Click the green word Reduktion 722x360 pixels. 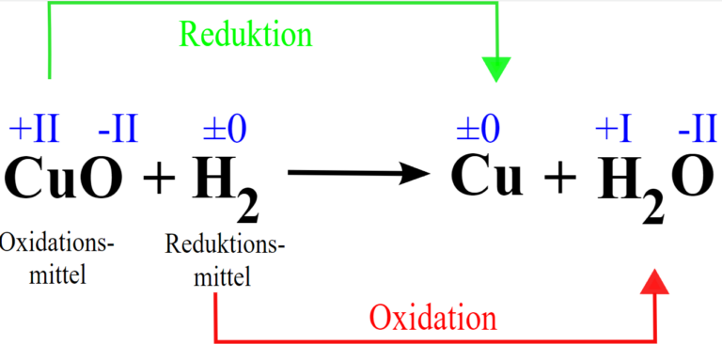(x=245, y=36)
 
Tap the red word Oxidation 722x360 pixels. (x=432, y=317)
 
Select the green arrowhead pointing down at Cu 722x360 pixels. (x=495, y=69)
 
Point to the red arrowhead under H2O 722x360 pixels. (x=655, y=280)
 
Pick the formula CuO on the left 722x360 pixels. (x=63, y=176)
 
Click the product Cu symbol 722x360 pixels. (x=487, y=175)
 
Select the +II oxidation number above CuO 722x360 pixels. (x=34, y=128)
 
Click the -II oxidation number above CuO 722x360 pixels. (x=118, y=128)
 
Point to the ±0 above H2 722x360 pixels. (x=226, y=128)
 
